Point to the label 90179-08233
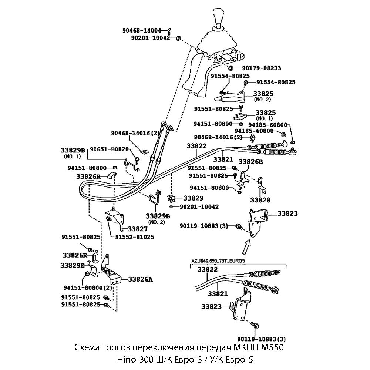tap(262, 68)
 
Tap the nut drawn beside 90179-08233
tap(231, 68)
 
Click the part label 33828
tap(260, 200)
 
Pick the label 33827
tap(135, 229)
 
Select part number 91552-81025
tap(135, 237)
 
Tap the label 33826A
tap(140, 279)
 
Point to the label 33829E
tap(72, 265)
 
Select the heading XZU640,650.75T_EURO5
tap(218, 261)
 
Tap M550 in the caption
tap(273, 348)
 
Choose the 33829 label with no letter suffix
tap(194, 198)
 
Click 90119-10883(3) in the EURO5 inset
tap(261, 339)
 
